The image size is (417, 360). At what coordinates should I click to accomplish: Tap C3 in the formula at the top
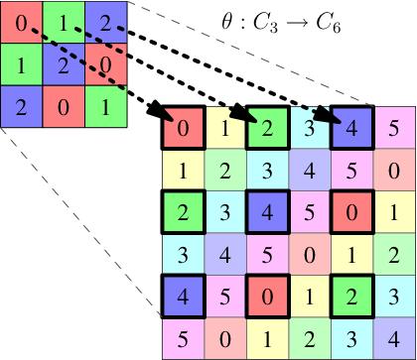click(264, 24)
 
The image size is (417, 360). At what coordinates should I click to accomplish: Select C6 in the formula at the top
click(329, 24)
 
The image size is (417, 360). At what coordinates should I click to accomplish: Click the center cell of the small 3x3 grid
click(64, 64)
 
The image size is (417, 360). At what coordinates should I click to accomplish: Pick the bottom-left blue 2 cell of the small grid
click(21, 106)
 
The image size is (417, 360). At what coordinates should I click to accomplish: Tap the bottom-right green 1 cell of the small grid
click(106, 106)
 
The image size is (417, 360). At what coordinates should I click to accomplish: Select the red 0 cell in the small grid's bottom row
click(64, 106)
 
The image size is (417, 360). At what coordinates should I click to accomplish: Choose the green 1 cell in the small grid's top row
click(64, 22)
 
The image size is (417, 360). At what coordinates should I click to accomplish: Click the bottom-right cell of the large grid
click(394, 338)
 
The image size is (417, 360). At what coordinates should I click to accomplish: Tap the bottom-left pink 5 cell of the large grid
click(183, 338)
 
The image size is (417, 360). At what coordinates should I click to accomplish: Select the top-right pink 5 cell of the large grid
click(394, 128)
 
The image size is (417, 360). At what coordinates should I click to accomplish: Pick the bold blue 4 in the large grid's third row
click(267, 212)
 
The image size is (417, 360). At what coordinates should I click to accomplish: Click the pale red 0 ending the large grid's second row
click(394, 170)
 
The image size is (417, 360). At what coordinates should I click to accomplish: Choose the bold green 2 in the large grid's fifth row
click(351, 297)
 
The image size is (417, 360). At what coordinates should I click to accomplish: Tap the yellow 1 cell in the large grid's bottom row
click(267, 338)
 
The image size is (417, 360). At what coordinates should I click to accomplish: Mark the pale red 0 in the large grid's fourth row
click(310, 254)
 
